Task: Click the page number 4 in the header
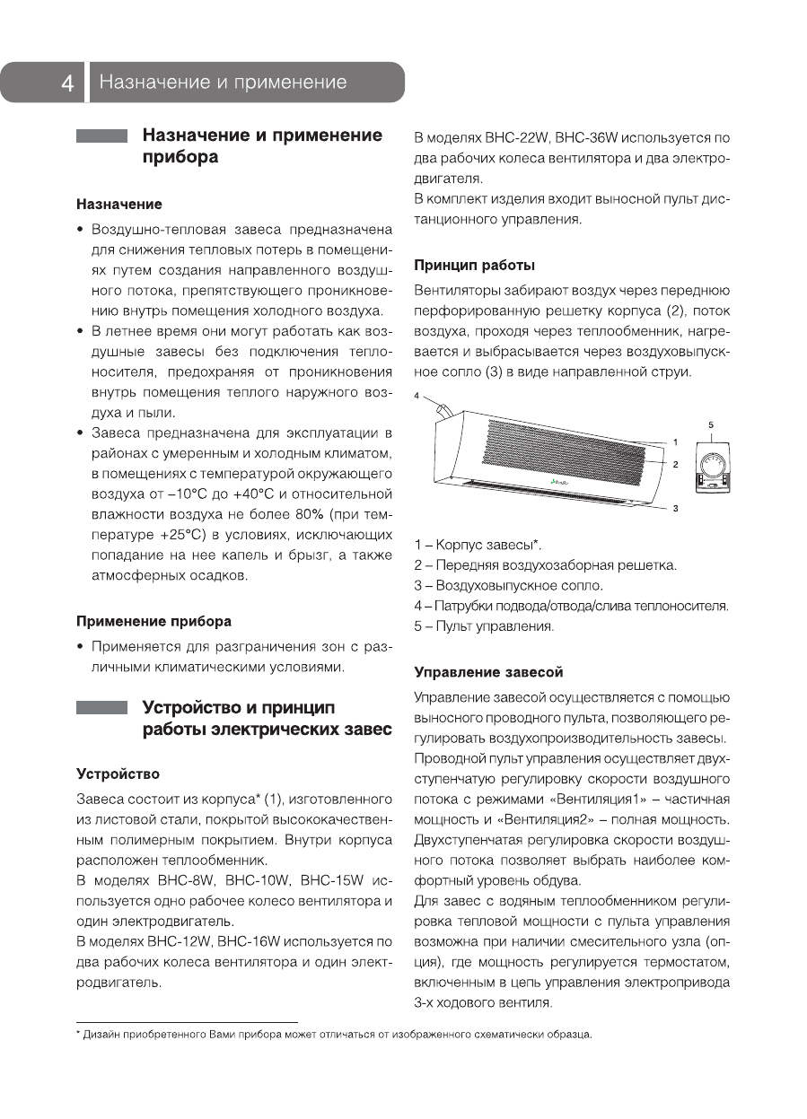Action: (67, 83)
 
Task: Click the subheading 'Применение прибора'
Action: (154, 621)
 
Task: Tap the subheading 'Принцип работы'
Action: (474, 266)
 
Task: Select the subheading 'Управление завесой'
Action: (488, 672)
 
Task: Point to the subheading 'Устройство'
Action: (118, 774)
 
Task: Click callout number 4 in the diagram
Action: (417, 395)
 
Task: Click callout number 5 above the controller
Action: (710, 424)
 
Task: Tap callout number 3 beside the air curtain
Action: (675, 509)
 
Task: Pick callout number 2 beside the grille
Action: (675, 464)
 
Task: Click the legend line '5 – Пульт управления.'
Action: (484, 626)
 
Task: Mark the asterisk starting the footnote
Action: (79, 1036)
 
